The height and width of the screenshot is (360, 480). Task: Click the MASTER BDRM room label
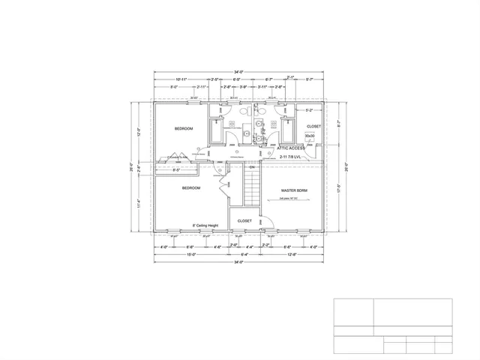pos(294,191)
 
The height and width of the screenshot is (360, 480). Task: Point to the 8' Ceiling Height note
pos(205,224)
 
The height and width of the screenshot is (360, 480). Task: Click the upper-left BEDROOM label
pos(184,129)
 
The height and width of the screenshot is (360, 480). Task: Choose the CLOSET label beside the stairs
pos(244,220)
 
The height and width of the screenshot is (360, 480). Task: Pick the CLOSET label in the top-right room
pos(313,126)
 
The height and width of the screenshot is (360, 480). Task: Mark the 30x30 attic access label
pos(310,136)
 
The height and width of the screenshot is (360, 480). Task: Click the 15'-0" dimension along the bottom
pos(191,254)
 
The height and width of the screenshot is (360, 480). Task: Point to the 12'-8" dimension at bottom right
pos(292,254)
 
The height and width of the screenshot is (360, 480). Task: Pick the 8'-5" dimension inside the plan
pos(177,170)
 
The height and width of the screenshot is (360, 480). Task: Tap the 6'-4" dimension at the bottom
pos(244,254)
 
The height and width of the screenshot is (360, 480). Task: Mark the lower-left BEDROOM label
pos(190,188)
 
